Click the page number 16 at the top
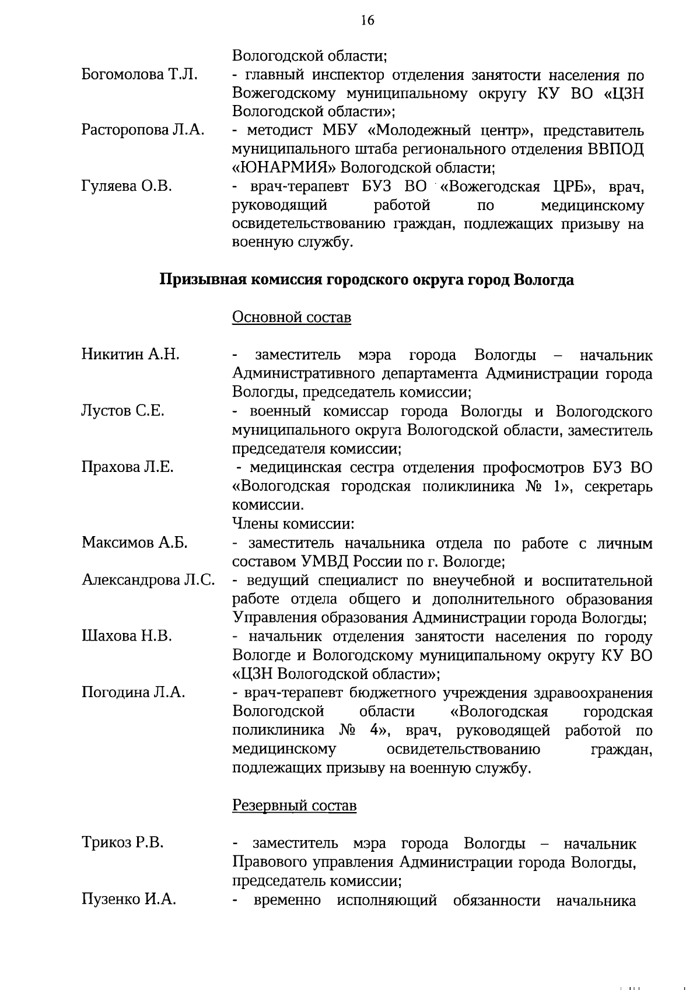tap(367, 20)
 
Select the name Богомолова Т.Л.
tap(139, 75)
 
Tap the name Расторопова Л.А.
tap(142, 131)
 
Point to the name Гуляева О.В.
tap(127, 187)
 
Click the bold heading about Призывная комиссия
tap(367, 280)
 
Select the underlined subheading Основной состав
tap(292, 317)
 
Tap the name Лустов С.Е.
tap(123, 411)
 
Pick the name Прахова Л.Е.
tap(127, 467)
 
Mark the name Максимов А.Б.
tap(134, 543)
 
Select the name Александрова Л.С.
tap(148, 580)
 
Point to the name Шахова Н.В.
tap(127, 636)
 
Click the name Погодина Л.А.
tap(133, 692)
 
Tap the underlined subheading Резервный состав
tap(294, 806)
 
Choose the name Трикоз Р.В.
tap(123, 843)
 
